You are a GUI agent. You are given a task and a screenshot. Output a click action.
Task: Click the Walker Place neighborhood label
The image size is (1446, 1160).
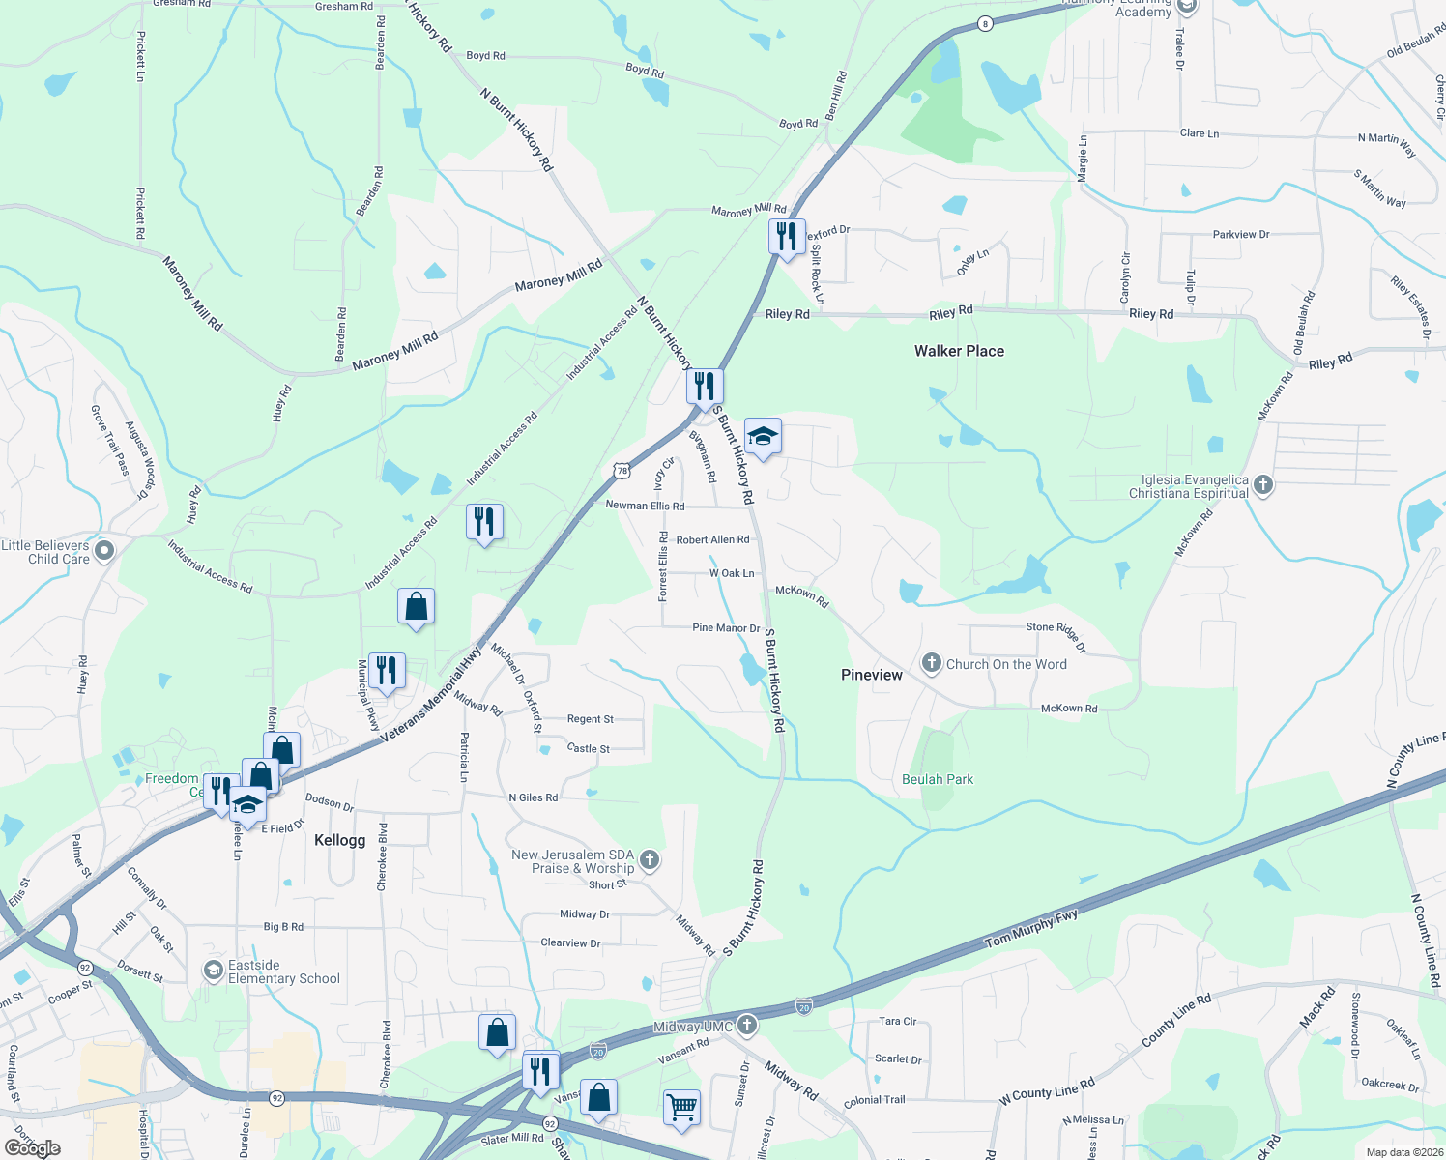coord(959,351)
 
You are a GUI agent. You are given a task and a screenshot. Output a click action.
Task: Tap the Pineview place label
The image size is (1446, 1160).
coord(871,675)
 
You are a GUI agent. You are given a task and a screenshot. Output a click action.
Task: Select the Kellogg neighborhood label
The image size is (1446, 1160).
coord(340,840)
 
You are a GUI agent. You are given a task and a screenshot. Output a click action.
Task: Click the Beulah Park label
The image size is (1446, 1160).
coord(938,779)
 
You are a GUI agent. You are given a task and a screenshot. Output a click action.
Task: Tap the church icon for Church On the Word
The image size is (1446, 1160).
coord(931,663)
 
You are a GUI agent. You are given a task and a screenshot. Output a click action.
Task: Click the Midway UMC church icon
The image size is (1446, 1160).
coord(746,1025)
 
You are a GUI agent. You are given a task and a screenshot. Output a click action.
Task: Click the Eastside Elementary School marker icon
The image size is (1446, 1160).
coord(213,971)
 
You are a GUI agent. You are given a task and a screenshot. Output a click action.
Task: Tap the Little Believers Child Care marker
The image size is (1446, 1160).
coord(104,551)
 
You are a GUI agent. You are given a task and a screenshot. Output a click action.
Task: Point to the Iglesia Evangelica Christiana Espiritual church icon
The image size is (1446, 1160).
coord(1263,484)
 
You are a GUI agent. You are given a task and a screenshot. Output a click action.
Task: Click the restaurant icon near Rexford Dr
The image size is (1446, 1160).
coord(787,236)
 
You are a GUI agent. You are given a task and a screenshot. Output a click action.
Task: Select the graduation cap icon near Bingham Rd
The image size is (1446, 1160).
coord(763,437)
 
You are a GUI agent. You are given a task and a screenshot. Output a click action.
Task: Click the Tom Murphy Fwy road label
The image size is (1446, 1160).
coord(1030,928)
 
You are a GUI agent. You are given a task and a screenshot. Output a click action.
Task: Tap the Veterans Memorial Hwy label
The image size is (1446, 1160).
coord(431,695)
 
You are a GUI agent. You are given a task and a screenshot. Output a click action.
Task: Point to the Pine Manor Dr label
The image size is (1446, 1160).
coord(726,628)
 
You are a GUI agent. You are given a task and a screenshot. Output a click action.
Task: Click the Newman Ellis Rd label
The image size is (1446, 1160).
coord(645,506)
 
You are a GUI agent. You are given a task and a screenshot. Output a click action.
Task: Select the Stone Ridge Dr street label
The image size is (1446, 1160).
coord(1056,634)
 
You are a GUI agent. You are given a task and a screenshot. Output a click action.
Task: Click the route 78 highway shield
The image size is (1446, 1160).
coord(622,471)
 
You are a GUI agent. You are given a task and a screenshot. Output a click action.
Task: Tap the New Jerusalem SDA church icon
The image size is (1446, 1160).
coord(650,858)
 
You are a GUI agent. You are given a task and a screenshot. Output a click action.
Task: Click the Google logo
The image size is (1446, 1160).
coord(32,1147)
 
